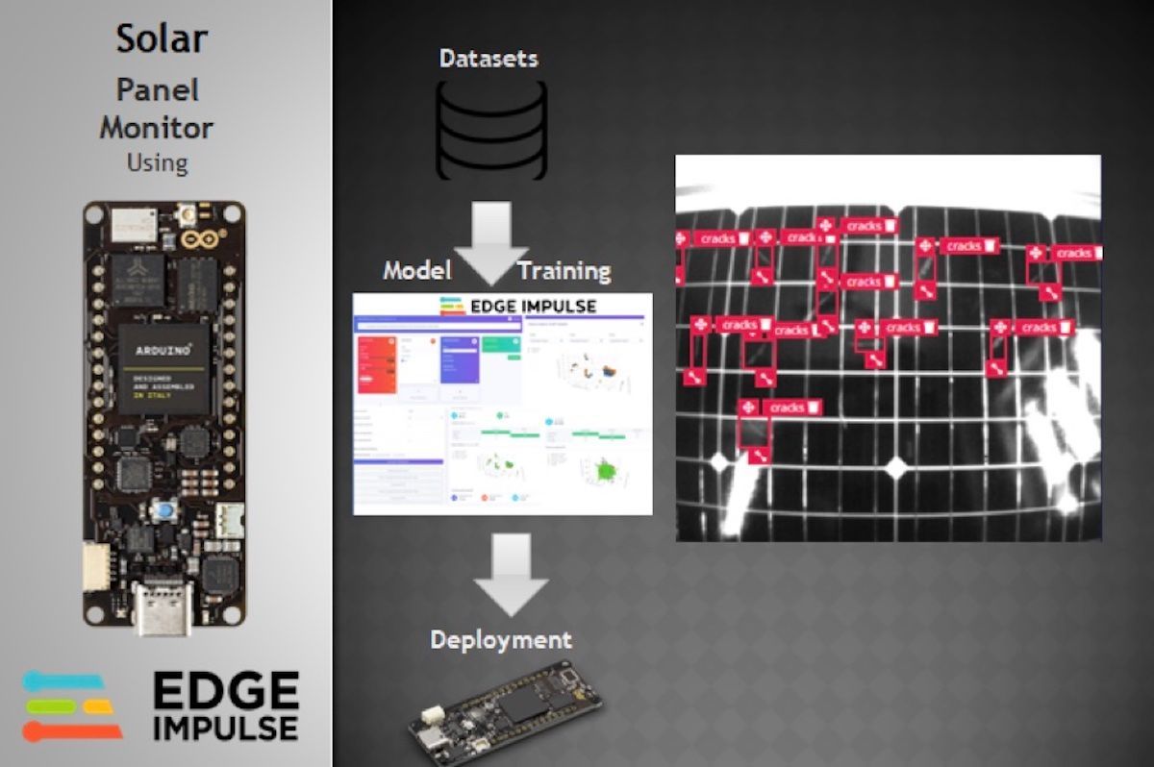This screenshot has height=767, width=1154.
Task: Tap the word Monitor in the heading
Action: click(x=157, y=127)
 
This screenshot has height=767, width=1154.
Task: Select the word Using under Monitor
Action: click(x=157, y=161)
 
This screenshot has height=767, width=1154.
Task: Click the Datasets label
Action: click(x=489, y=59)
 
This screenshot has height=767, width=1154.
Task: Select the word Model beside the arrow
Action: click(x=417, y=270)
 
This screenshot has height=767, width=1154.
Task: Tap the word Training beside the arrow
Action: click(x=564, y=271)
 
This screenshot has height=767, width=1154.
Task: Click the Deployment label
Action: click(x=500, y=639)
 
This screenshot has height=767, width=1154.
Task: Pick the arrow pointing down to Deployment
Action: click(x=512, y=575)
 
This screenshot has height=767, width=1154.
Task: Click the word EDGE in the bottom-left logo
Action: click(x=226, y=689)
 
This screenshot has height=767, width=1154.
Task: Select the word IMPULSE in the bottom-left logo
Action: click(x=226, y=727)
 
